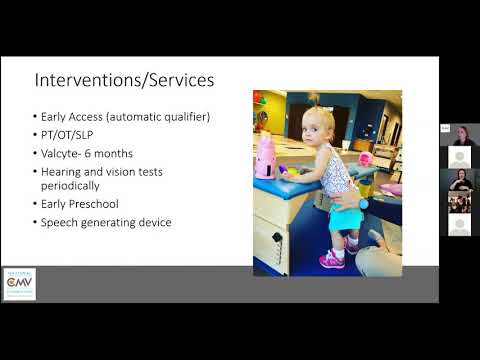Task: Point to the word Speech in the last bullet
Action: (x=60, y=222)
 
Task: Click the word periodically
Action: (x=71, y=185)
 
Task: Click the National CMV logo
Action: (x=20, y=283)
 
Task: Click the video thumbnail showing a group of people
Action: (x=459, y=202)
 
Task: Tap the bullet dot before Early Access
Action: (x=36, y=117)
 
